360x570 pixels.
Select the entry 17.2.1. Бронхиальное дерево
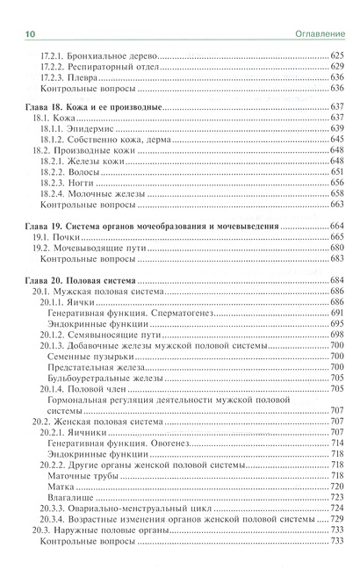point(97,56)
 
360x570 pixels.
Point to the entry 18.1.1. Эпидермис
point(80,129)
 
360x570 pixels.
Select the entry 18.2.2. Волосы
point(76,173)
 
